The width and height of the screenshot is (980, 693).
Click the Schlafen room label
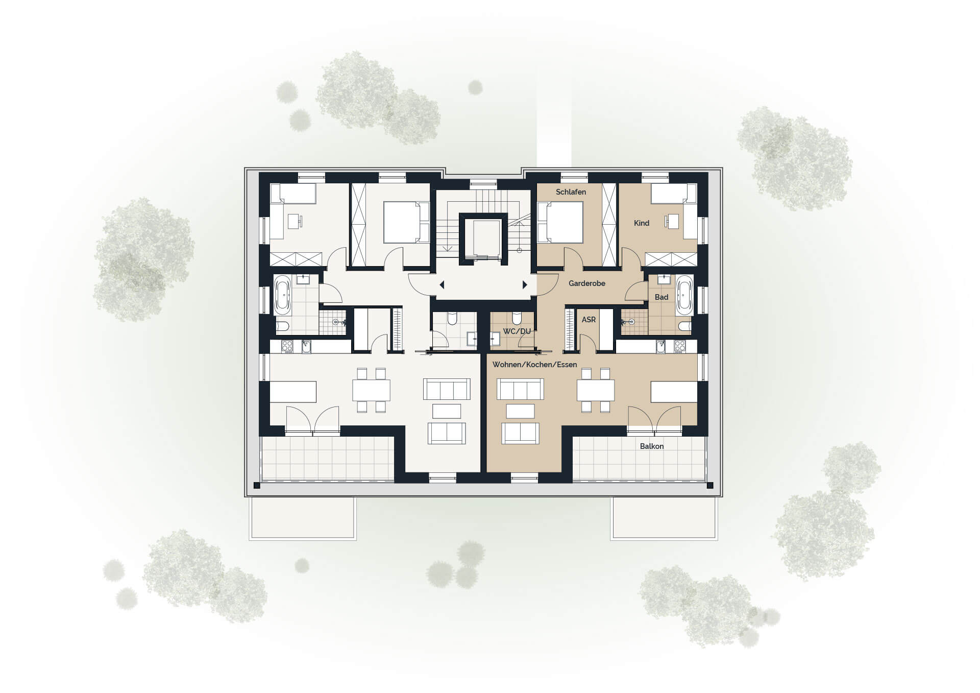point(571,192)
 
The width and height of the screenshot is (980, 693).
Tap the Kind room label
point(642,223)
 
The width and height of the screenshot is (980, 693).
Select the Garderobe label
point(587,283)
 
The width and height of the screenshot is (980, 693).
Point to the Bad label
point(661,297)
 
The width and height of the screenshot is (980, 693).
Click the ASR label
point(589,320)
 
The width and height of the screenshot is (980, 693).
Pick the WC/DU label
point(517,331)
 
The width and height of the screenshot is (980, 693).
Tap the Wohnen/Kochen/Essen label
point(535,365)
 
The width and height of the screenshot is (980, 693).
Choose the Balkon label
point(652,446)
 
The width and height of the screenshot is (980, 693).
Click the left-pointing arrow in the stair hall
point(442,285)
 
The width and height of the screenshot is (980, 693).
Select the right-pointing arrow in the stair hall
point(525,285)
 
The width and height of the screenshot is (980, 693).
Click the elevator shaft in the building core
point(483,239)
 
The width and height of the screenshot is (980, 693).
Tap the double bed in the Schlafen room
point(560,222)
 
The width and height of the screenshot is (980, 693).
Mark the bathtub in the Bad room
point(684,295)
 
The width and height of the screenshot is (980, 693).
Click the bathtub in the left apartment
point(282,295)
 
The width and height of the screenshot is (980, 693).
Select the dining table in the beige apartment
point(596,390)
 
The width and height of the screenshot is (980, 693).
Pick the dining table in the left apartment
point(371,390)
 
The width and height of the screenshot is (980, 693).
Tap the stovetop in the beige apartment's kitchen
point(679,347)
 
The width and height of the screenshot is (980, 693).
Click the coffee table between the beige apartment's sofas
point(520,411)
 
